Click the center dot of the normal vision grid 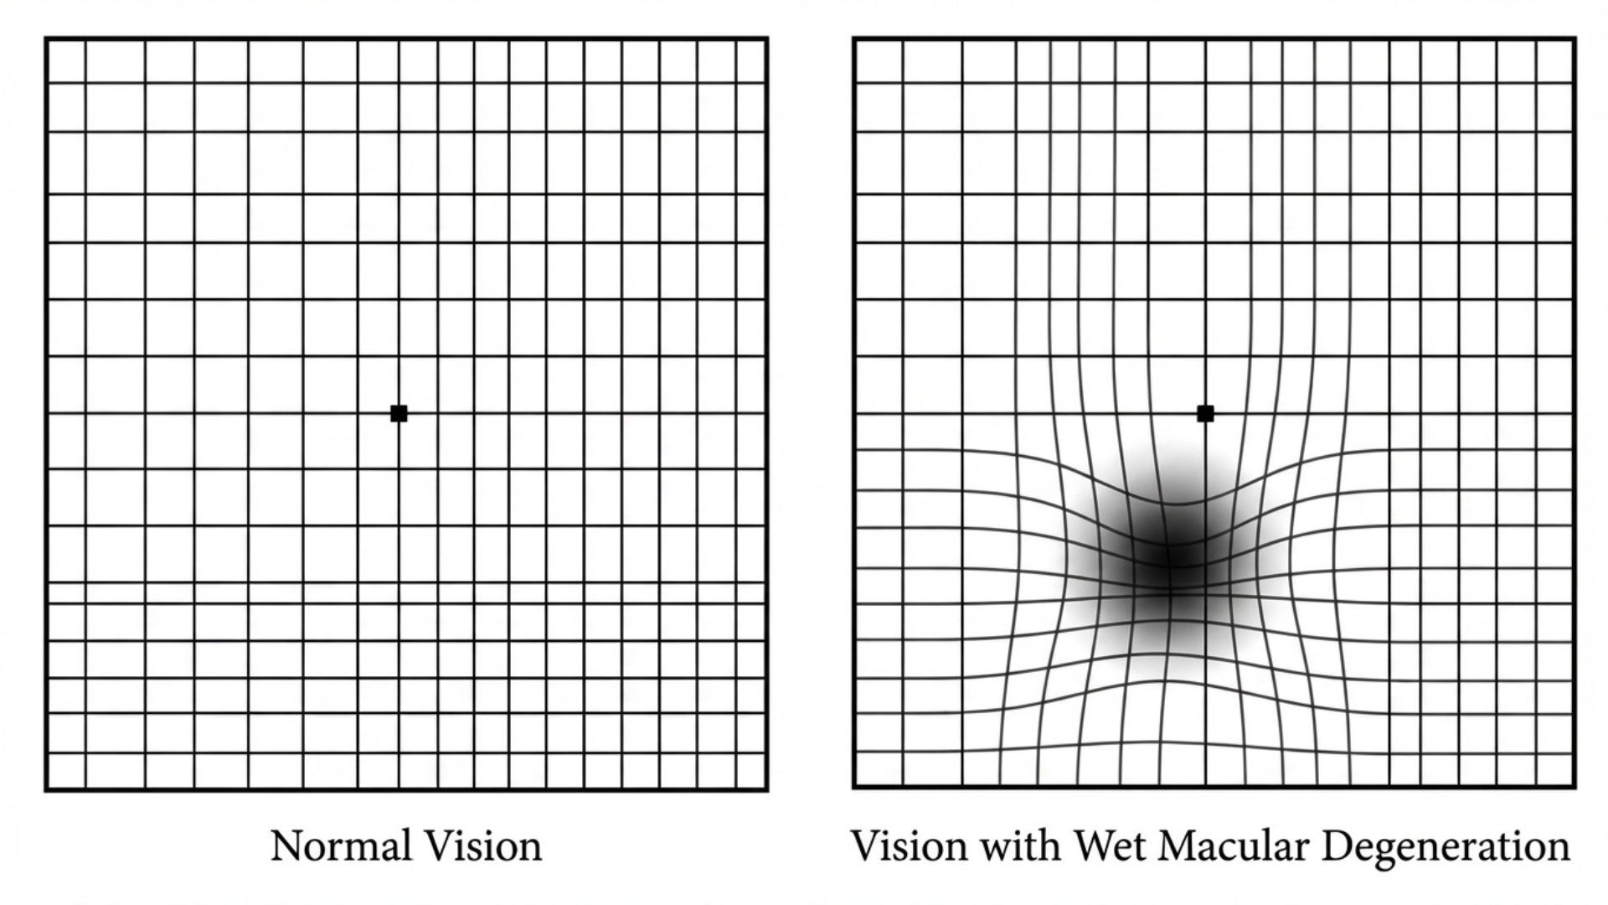click(399, 413)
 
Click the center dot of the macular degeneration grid click(1205, 413)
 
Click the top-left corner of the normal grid click(46, 39)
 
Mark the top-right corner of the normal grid click(766, 39)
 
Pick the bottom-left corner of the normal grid click(46, 789)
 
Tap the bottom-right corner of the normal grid click(766, 789)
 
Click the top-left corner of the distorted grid click(854, 39)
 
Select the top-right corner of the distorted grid click(1574, 39)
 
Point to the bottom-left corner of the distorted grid click(854, 788)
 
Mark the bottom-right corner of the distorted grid click(1574, 788)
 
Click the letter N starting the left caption click(286, 846)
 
